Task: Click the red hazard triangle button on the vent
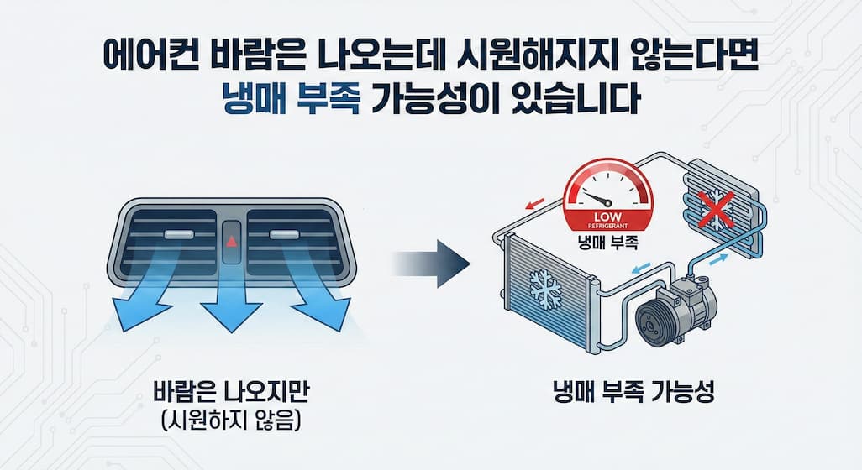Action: click(232, 241)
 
